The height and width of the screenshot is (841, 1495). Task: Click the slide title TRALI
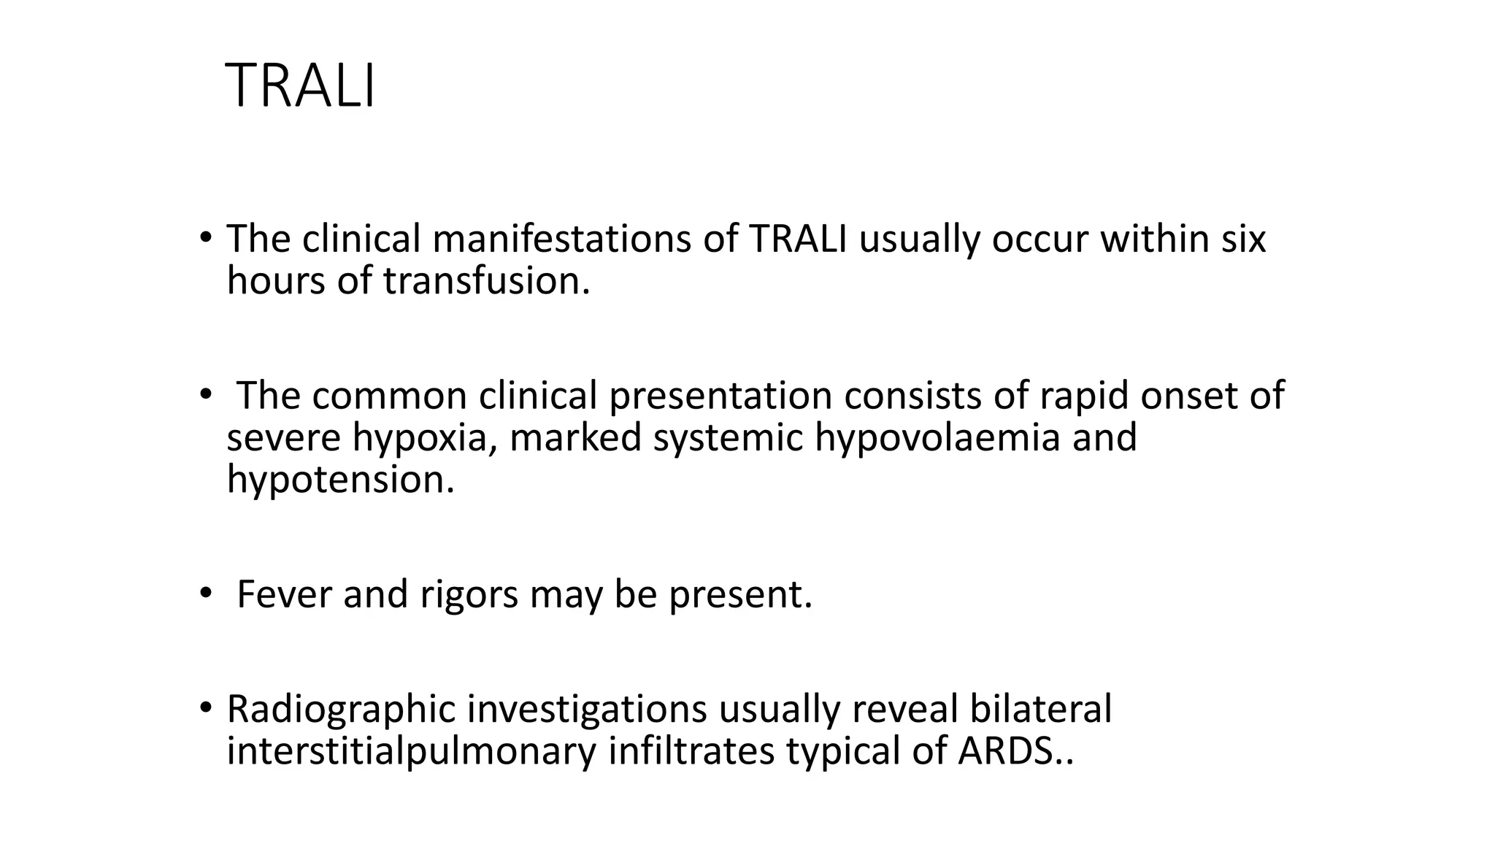(301, 87)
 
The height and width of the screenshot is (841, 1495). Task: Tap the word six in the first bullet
(1242, 239)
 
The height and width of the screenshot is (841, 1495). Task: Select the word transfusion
(486, 281)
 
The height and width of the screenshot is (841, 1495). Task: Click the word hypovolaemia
(937, 437)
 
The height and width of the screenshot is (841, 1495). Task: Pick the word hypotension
(340, 480)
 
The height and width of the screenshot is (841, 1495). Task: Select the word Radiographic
(341, 709)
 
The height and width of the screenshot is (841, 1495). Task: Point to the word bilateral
(1040, 709)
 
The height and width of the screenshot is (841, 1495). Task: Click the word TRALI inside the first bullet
(798, 239)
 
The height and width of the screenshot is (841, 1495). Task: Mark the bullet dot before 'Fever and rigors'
(205, 592)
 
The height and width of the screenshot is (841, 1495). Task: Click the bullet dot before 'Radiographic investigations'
(205, 707)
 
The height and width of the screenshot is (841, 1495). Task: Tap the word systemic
(728, 437)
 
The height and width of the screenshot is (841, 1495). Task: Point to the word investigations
(587, 709)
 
